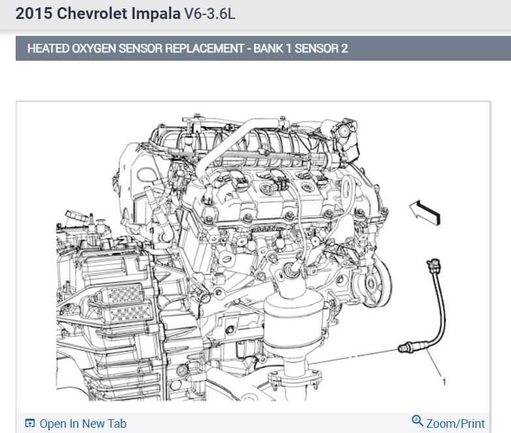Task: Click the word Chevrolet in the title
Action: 92,14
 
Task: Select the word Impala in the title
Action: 156,14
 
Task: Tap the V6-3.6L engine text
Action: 209,14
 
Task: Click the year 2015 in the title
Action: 34,14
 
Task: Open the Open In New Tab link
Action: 83,424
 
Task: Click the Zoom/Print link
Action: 456,424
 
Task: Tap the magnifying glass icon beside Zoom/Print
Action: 417,421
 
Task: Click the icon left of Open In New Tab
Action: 29,423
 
